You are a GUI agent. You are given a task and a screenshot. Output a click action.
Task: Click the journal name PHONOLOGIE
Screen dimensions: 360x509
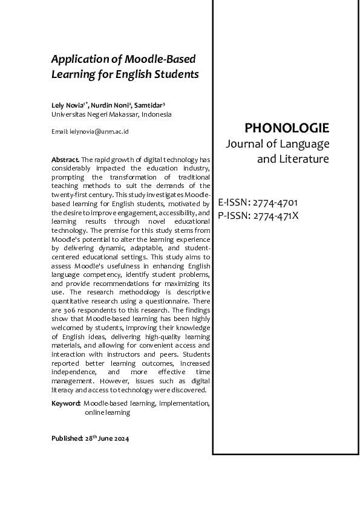pos(286,128)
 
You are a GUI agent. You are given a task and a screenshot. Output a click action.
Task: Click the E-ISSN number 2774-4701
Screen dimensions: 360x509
pos(275,203)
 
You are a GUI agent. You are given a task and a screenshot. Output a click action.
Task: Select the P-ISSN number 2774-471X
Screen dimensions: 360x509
pos(276,215)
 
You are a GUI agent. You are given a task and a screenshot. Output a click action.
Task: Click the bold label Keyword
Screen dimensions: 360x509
pos(65,403)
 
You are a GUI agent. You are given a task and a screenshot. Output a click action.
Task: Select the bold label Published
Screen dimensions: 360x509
pos(66,438)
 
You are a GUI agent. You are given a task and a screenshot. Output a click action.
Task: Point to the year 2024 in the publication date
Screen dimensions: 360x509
pos(120,438)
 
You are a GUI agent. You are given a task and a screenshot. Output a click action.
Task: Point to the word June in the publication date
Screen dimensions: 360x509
pos(104,438)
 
